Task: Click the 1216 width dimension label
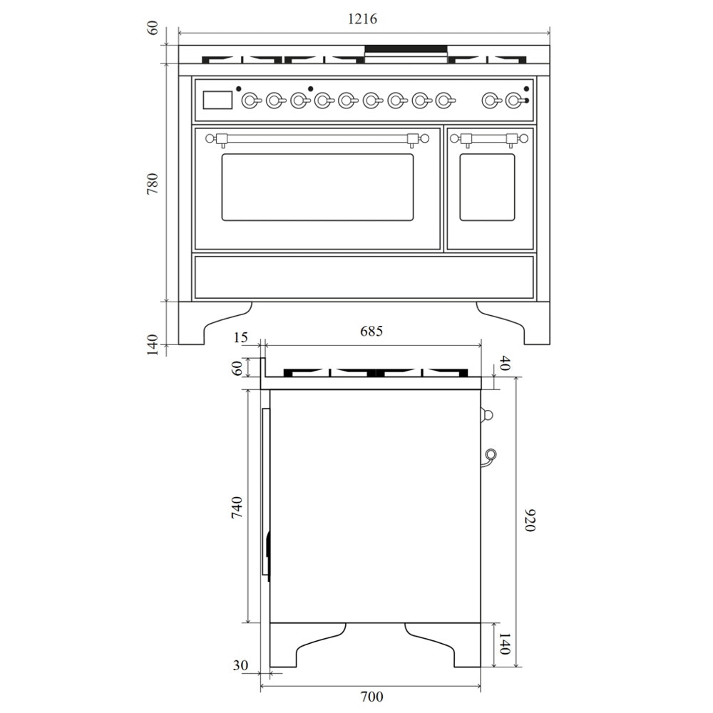[362, 19]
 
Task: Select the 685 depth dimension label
[371, 331]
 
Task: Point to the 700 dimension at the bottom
[371, 696]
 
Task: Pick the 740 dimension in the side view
[237, 508]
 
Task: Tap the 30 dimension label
[240, 665]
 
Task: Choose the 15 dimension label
[240, 337]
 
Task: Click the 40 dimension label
[506, 364]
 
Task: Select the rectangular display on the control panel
[217, 100]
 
